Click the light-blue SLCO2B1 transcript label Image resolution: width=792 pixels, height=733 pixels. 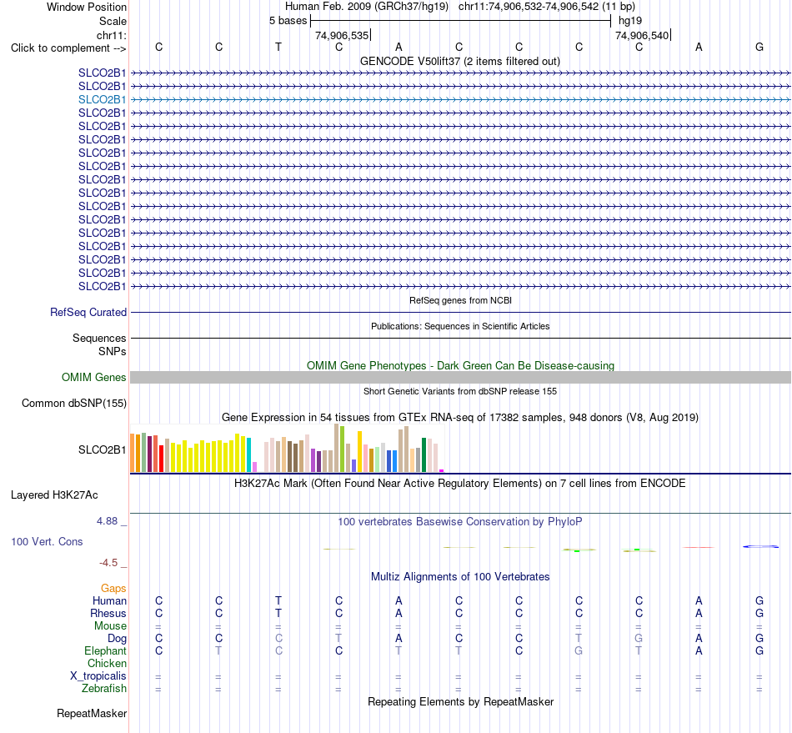pos(102,99)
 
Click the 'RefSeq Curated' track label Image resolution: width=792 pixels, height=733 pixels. pos(88,312)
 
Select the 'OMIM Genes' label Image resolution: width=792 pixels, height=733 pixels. pos(94,378)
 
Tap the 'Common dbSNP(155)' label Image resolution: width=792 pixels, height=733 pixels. pos(74,403)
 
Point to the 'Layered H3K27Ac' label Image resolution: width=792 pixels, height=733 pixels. pos(54,495)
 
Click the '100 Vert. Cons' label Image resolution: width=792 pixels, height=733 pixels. pos(47,541)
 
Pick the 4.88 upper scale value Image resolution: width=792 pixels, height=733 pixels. pos(107,521)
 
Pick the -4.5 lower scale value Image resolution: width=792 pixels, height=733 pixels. pos(108,563)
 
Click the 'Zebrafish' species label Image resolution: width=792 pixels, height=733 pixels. pos(104,689)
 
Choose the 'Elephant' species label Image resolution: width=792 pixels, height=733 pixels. pos(106,650)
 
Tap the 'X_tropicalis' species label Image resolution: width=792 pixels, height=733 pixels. pos(98,676)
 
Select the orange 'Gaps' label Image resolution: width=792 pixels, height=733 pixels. pos(113,588)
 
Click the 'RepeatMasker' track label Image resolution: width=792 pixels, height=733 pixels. pos(92,713)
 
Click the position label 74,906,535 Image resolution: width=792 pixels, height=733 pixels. pos(342,35)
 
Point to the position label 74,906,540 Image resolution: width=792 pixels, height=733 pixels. pos(642,35)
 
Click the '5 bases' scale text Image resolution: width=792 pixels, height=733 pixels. pos(288,21)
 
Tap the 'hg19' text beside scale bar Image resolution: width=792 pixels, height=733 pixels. pos(630,21)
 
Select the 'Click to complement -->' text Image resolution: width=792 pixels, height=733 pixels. pos(68,48)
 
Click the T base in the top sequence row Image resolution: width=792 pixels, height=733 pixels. pos(278,47)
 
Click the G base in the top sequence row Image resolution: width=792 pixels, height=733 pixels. pos(759,47)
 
